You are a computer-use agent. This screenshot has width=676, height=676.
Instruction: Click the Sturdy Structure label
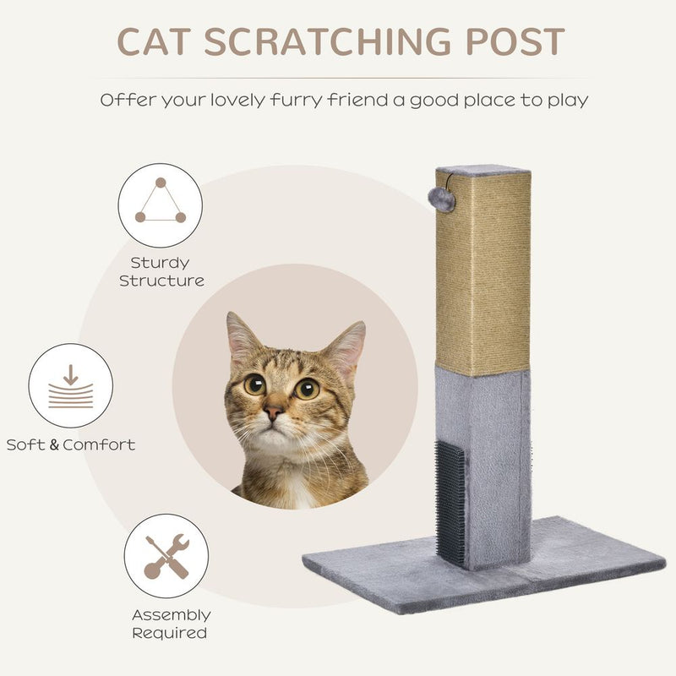(x=161, y=271)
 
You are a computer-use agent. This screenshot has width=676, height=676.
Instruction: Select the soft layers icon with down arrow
(x=70, y=386)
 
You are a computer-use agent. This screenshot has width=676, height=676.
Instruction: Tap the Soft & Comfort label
(x=71, y=444)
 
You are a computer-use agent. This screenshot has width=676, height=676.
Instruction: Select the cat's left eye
(x=254, y=384)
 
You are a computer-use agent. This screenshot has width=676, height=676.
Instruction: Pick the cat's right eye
(x=307, y=389)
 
